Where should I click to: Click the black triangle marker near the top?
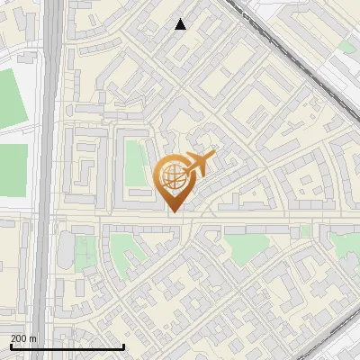[181, 24]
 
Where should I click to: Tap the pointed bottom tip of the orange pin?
[173, 211]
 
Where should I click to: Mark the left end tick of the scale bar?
[10, 346]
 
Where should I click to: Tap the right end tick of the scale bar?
[123, 346]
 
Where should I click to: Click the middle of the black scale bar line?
[67, 347]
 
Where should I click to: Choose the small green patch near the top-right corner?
[346, 46]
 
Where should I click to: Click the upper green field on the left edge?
[13, 95]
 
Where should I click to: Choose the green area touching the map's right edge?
[346, 243]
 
